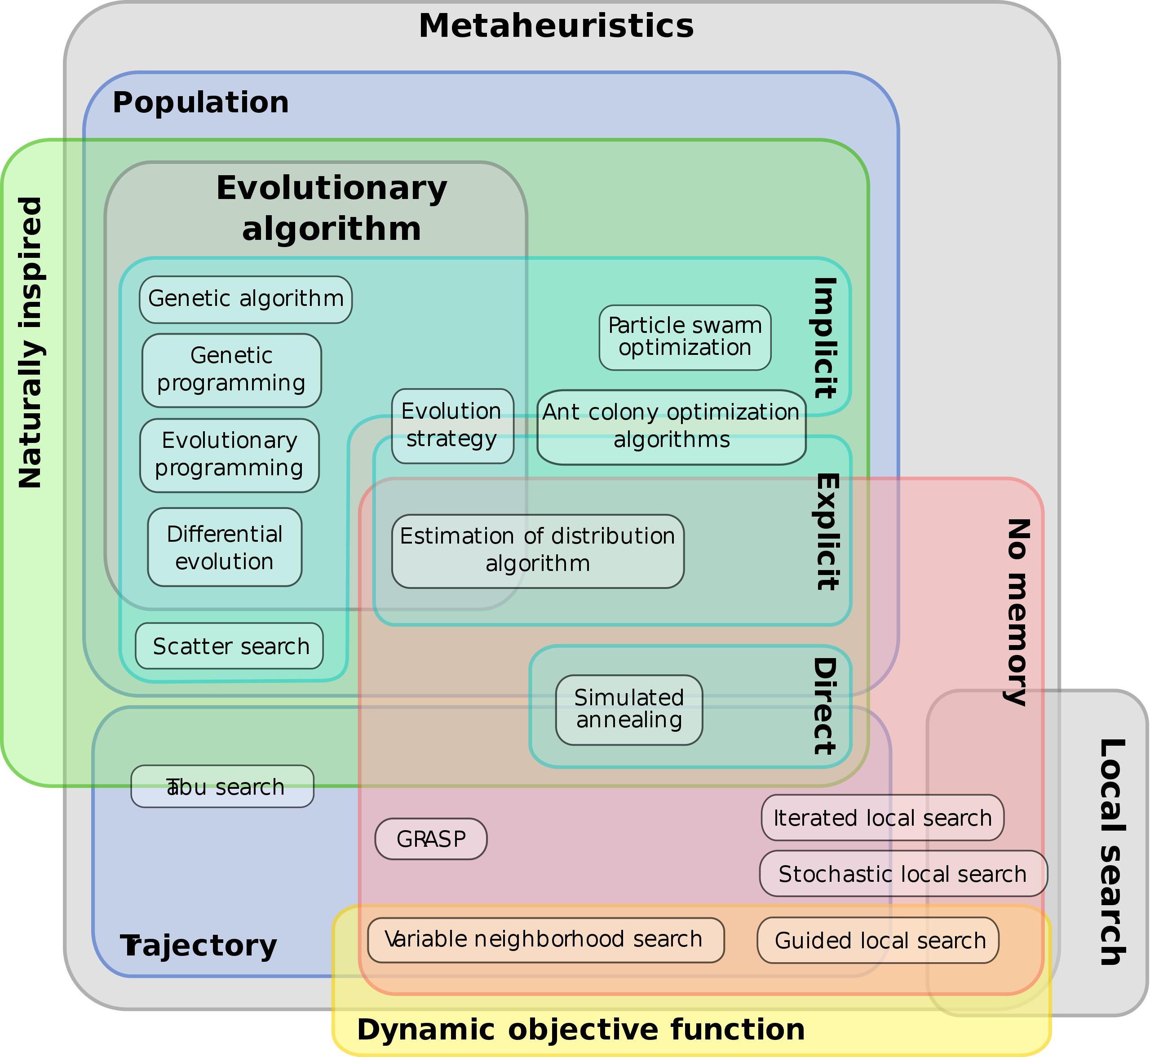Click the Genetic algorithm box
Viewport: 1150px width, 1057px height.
point(245,299)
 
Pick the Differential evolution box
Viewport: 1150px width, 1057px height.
point(224,548)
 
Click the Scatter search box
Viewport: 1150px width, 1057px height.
point(229,646)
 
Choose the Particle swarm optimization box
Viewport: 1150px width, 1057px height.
point(685,337)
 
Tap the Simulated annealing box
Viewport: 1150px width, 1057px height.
point(628,709)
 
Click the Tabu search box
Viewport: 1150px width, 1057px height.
point(222,787)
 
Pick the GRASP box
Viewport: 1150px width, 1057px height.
point(431,839)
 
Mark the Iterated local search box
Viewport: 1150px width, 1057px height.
point(882,818)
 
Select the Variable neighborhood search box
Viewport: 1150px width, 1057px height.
point(545,940)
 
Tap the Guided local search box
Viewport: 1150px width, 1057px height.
point(878,941)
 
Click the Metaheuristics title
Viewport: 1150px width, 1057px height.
point(556,27)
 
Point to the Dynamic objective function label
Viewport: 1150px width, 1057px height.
point(580,1030)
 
